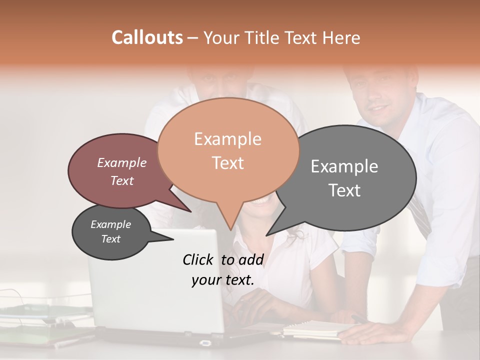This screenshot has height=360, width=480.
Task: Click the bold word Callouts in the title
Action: click(x=147, y=37)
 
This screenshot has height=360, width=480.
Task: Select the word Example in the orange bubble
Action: click(x=227, y=139)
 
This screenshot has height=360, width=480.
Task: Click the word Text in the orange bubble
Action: click(x=227, y=163)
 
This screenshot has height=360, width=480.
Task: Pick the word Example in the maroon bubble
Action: click(x=121, y=163)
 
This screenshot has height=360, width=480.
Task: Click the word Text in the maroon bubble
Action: click(x=121, y=180)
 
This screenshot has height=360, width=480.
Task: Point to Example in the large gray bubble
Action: click(x=344, y=166)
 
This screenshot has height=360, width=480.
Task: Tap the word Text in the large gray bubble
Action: click(x=344, y=190)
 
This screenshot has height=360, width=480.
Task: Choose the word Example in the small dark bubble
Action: click(x=110, y=224)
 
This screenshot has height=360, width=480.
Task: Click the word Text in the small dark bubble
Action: click(x=110, y=239)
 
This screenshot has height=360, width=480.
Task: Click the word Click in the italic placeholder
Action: click(x=198, y=259)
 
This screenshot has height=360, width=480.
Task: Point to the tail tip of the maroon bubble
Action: click(x=191, y=211)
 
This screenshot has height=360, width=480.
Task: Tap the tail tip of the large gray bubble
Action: click(x=266, y=235)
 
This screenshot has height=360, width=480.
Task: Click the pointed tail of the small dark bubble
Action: click(x=173, y=239)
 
